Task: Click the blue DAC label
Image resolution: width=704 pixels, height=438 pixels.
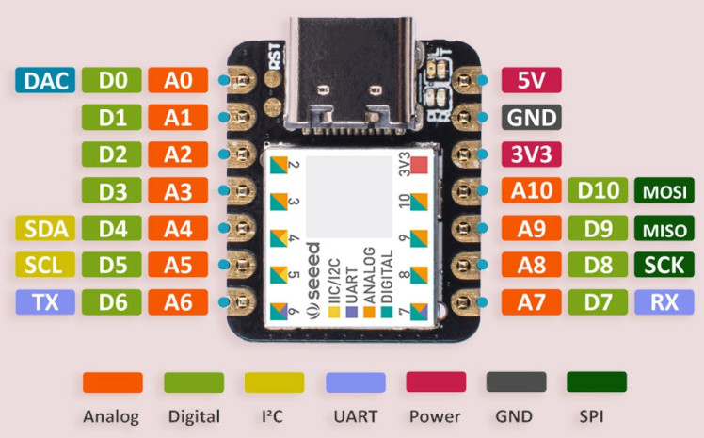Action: pos(44,81)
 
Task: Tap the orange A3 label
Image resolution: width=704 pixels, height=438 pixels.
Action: pos(178,192)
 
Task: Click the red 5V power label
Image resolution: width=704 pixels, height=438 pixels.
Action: pos(532,81)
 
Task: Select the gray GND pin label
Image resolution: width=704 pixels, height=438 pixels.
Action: pos(532,119)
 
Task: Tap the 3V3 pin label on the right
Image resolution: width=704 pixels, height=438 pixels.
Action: pos(532,155)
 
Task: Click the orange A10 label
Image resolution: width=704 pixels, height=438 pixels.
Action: pos(532,192)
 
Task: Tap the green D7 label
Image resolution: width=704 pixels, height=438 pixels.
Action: pos(598,302)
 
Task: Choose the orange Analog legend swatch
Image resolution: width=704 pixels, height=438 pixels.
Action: pos(113,381)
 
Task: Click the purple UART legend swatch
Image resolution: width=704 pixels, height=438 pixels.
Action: pos(355,381)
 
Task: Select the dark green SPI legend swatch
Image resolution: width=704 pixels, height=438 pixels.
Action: pos(597,381)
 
